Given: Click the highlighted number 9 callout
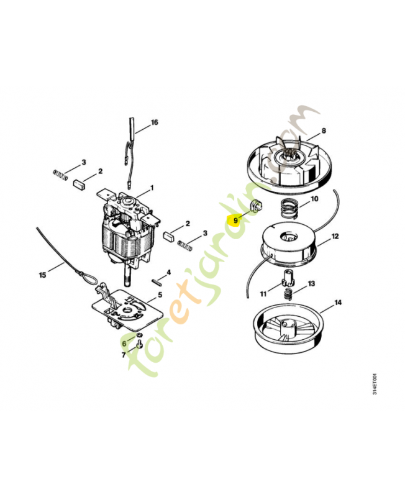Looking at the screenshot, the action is (235, 220).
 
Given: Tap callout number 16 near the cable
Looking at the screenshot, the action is (154, 122).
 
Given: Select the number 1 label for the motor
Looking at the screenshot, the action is (152, 188).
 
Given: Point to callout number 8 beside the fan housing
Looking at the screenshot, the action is (324, 130).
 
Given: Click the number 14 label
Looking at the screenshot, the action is (338, 303).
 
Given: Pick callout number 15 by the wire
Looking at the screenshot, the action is (42, 275).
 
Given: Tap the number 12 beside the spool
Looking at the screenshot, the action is (335, 237).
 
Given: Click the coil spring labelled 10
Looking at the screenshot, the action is (289, 209).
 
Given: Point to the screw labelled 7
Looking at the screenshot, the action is (139, 344).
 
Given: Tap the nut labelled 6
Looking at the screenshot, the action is (139, 335).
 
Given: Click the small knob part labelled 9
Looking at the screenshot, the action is (257, 206).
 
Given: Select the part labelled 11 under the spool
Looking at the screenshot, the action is (288, 277).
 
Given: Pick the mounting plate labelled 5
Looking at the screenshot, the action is (127, 309).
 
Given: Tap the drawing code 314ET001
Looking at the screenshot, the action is (375, 383).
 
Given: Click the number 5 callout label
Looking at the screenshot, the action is (160, 294).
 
